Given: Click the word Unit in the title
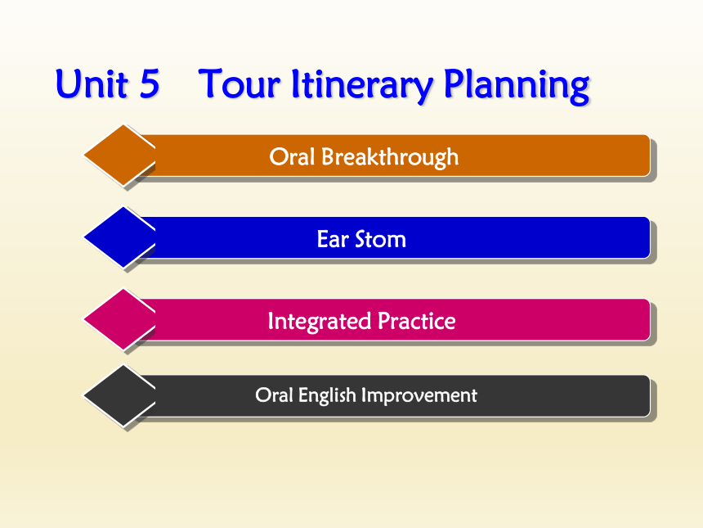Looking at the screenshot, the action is [92, 83].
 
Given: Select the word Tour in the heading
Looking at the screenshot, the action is [240, 83].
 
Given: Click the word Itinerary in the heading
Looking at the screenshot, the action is [362, 86].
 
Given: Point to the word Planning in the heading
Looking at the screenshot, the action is [517, 86].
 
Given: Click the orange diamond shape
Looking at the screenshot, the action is [119, 155].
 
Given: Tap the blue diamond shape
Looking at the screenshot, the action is [119, 237].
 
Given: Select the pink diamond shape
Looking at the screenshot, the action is [119, 319].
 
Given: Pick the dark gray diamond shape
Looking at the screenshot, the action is [119, 395].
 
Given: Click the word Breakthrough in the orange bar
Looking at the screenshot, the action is [390, 157].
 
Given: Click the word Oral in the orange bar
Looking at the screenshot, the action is [292, 156].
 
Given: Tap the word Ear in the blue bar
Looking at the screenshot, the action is [333, 239].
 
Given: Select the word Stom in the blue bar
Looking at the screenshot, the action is [381, 239].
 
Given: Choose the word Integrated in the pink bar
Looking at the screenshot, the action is [320, 322].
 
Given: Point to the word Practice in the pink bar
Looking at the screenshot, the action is [417, 321].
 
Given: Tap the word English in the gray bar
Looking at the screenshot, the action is [327, 396].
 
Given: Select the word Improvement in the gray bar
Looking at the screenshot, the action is [419, 396].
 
